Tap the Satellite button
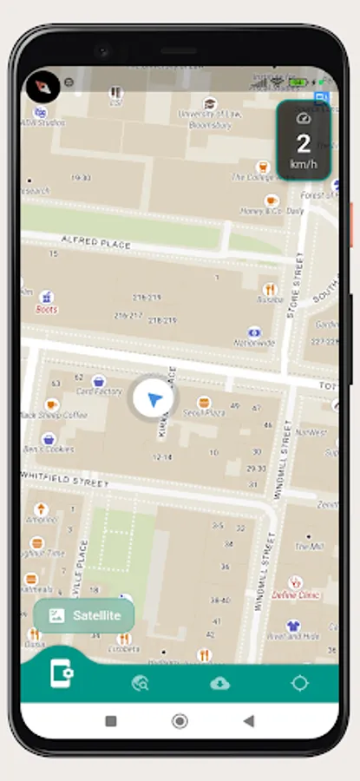pos(84,615)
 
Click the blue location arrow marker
pos(154,400)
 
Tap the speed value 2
pos(303,144)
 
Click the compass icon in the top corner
pos(42,87)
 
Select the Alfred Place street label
pos(95,241)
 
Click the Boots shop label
pos(47,308)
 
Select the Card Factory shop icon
pos(99,380)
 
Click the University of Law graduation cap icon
pos(208,103)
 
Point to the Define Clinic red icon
pos(294,582)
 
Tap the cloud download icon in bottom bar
pos(219,683)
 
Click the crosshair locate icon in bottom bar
pos(299,683)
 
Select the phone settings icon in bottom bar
pos(62,675)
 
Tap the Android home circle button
pos(180,720)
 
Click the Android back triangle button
pos(249,720)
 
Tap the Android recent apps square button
pos(111,720)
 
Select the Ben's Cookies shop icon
pos(47,440)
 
